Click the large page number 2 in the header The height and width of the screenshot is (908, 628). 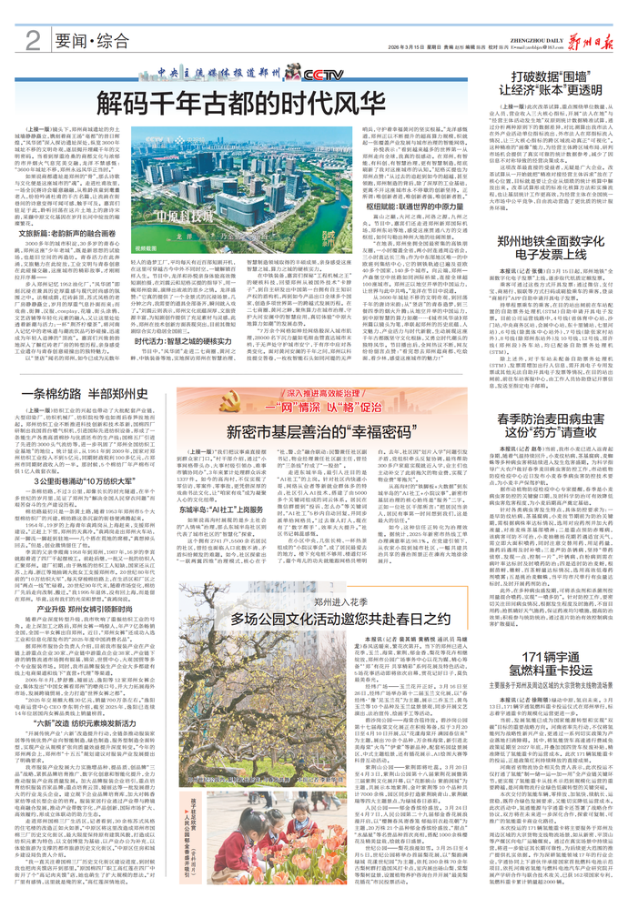point(33,39)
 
